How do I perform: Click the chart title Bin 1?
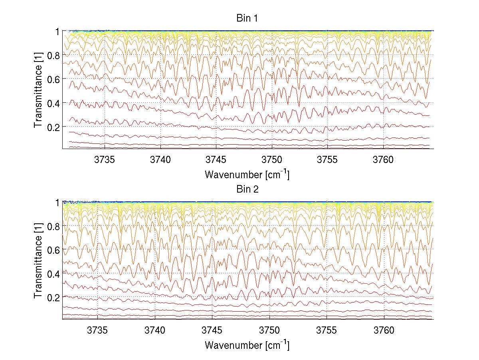click(x=247, y=18)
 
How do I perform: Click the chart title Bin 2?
click(x=247, y=189)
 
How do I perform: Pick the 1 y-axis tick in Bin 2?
click(x=57, y=202)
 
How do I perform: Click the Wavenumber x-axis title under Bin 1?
click(x=247, y=174)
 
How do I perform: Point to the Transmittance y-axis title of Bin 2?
click(x=38, y=261)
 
